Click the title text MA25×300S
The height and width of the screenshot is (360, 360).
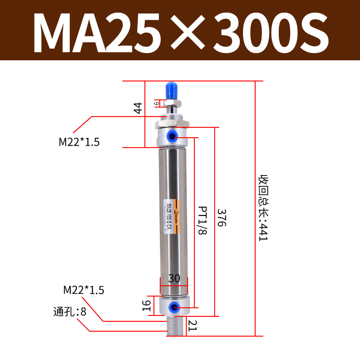[180, 31]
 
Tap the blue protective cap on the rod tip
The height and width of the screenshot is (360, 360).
[171, 91]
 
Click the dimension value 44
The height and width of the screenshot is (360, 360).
[138, 108]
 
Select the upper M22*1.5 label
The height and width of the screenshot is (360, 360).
[79, 142]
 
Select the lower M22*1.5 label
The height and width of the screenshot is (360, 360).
[84, 290]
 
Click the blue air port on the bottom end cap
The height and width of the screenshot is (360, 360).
[173, 307]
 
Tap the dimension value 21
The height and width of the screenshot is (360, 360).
[193, 324]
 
